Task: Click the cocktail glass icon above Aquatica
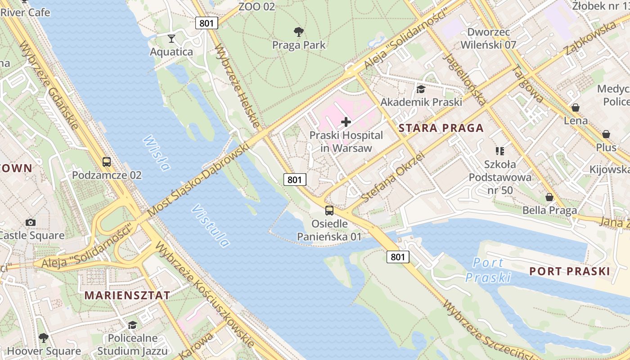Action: pos(171,38)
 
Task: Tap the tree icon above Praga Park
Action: pos(298,31)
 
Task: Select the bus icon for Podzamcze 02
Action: pos(107,162)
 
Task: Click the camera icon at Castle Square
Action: pos(31,222)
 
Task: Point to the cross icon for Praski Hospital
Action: pos(346,122)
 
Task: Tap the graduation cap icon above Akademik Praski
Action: pos(421,89)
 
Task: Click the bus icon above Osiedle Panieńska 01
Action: pos(329,210)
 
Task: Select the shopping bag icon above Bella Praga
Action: pos(549,197)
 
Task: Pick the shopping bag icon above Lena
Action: pos(575,108)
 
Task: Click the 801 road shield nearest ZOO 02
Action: pos(207,23)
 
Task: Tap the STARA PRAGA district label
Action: pos(441,128)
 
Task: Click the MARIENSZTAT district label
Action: pos(127,295)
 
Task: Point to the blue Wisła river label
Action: pos(157,153)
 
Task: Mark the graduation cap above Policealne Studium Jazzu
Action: pos(132,325)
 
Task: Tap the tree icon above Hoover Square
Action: pos(43,337)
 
